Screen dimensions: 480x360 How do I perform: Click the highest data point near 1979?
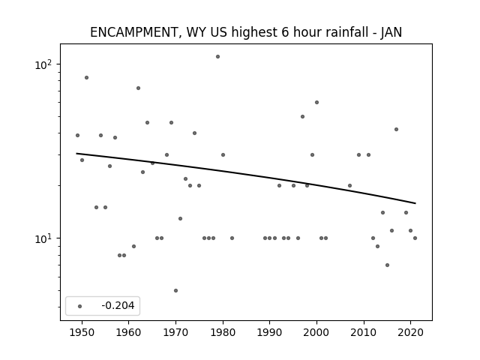click(217, 57)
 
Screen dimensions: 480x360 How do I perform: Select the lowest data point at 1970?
click(175, 290)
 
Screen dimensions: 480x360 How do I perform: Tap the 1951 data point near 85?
click(87, 78)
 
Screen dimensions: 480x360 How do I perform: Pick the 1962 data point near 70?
click(138, 88)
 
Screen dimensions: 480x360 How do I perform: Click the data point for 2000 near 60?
click(316, 103)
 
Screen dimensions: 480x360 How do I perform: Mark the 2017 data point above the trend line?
click(397, 130)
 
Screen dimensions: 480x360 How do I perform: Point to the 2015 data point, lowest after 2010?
click(387, 265)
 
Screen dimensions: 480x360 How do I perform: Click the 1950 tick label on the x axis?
click(82, 332)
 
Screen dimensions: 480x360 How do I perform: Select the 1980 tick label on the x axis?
click(223, 332)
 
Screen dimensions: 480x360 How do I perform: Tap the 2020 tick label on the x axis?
click(410, 332)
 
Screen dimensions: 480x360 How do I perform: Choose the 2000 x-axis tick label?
click(316, 332)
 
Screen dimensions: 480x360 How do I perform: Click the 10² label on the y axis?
click(43, 64)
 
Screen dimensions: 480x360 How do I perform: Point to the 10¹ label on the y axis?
click(43, 238)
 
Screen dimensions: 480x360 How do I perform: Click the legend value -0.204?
click(118, 305)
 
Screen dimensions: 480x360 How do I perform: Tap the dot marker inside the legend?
click(80, 306)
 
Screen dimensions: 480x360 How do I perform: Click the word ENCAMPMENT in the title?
click(133, 32)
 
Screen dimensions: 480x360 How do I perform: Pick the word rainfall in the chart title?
click(331, 32)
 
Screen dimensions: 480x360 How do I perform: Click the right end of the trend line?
click(415, 203)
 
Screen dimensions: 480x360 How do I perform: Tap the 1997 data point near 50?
click(302, 117)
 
